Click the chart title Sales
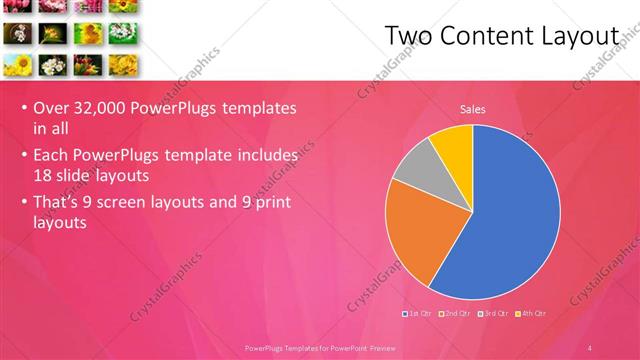pos(473,109)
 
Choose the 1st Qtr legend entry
pos(419,314)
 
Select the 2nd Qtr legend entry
pos(457,314)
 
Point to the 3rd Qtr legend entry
pos(495,314)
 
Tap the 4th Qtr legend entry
pos(532,314)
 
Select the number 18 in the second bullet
pos(42,174)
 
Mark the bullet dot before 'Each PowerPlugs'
pos(23,157)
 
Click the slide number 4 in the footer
pos(591,347)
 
